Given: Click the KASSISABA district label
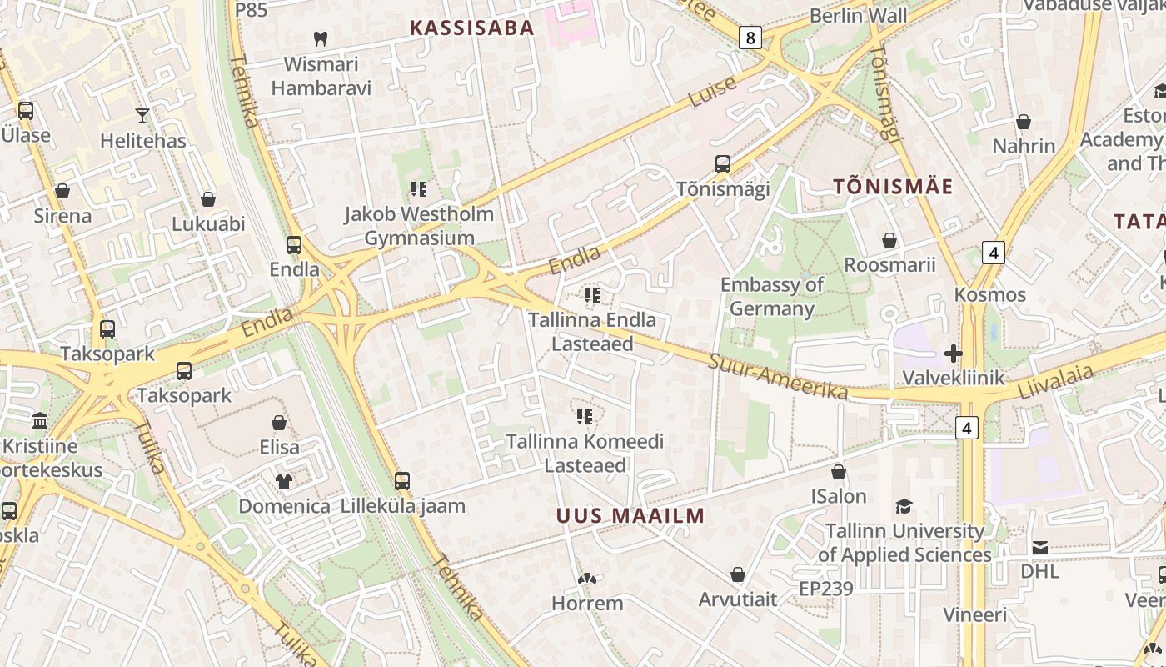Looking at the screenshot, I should click(471, 28).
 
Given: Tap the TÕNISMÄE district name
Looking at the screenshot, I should click(893, 186).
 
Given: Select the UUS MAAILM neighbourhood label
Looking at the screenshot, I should click(630, 515).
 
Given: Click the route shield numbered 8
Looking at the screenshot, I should click(750, 37).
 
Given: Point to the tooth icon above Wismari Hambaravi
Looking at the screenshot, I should click(321, 38).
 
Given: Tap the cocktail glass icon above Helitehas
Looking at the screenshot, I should click(142, 115).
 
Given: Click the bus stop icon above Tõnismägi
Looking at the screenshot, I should click(723, 163).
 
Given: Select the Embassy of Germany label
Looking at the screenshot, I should click(772, 296).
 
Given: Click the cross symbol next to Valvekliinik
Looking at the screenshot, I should click(954, 354).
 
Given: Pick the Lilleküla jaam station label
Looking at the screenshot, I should click(403, 505).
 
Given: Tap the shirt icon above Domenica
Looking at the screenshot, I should click(284, 481).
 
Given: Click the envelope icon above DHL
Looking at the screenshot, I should click(1040, 547).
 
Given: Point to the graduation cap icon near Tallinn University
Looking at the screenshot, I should click(904, 506).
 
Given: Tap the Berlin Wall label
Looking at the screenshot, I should click(858, 16).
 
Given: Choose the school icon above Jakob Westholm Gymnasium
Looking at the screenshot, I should click(419, 189).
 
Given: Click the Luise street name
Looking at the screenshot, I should click(713, 92).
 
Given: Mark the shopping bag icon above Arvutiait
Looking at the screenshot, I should click(737, 574).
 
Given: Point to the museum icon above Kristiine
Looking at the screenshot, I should click(40, 419).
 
